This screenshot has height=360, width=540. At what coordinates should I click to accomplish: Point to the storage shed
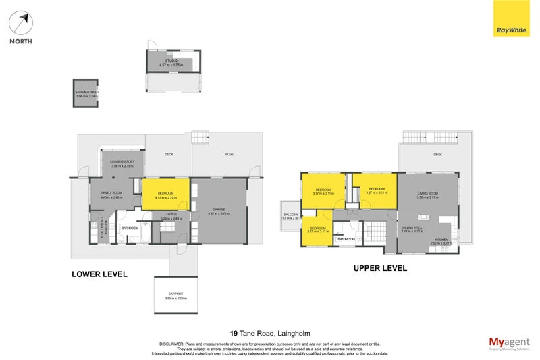[86, 93]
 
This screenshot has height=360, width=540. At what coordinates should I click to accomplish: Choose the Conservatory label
[122, 162]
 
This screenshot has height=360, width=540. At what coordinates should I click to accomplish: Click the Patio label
[229, 155]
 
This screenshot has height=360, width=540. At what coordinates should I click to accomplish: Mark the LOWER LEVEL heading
[99, 274]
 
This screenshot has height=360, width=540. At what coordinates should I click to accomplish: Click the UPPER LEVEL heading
[380, 268]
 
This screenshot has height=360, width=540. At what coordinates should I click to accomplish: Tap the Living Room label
[427, 195]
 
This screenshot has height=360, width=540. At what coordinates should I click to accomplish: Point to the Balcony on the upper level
[291, 216]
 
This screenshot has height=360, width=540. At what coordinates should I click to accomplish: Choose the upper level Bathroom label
[346, 239]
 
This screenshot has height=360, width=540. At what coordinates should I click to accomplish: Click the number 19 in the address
[234, 333]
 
